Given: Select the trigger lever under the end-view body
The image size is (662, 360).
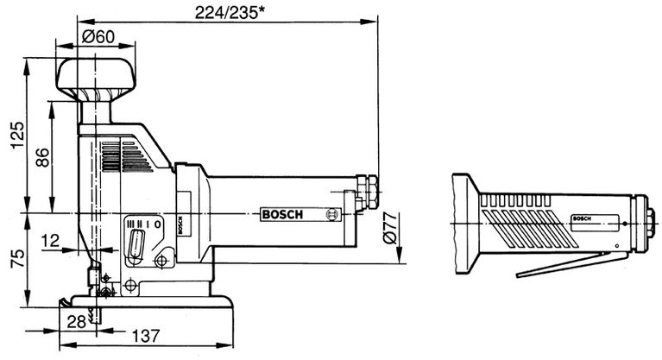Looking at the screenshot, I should pyautogui.click(x=570, y=264).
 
